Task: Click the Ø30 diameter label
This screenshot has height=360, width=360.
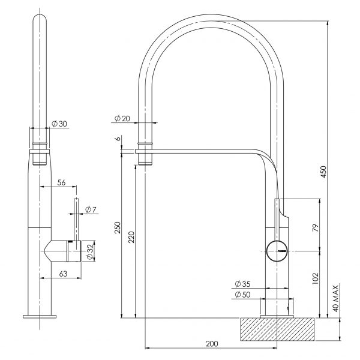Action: click(59, 123)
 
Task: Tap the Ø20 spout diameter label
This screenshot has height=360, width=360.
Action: click(122, 118)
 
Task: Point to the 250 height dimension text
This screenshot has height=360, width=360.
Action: click(118, 228)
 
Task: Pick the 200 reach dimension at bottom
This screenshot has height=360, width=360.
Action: click(211, 343)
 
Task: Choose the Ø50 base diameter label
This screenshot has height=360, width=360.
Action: click(243, 294)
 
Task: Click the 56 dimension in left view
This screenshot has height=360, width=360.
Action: click(61, 182)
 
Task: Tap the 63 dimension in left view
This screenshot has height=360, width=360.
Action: click(62, 273)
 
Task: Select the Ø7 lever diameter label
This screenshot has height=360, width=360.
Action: click(91, 209)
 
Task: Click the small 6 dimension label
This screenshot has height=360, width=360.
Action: click(119, 139)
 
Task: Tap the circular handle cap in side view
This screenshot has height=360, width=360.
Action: click(277, 248)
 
